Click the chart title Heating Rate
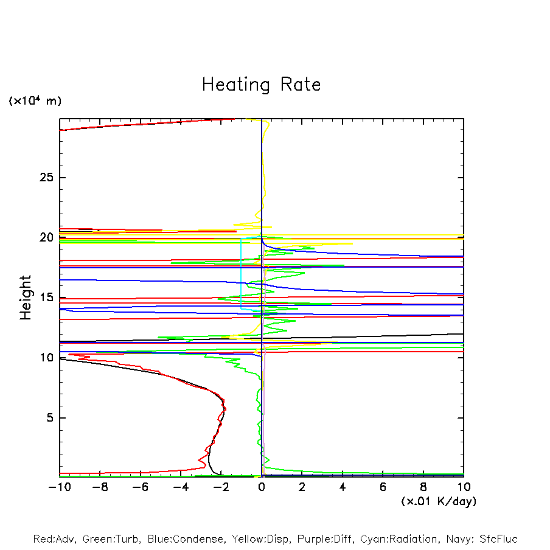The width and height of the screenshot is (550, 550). point(261,85)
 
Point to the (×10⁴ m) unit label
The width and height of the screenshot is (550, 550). point(35,101)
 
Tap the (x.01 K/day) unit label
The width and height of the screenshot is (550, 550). point(438,501)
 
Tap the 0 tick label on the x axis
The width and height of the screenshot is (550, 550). point(262,487)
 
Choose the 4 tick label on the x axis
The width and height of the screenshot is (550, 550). point(343,487)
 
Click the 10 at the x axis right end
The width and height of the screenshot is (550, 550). point(464,487)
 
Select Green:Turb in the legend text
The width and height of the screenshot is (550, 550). point(112,539)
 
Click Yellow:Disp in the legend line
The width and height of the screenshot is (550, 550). point(260,539)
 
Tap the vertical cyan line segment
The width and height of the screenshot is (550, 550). point(241,274)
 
